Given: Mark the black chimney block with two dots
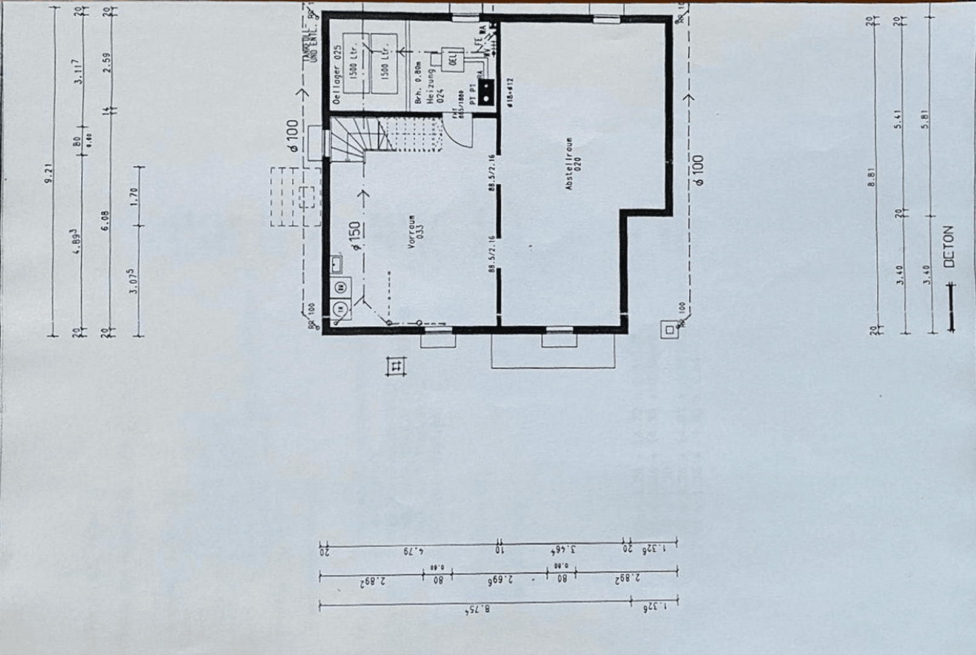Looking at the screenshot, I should pos(486,92).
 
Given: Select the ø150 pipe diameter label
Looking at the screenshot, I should pos(355,236).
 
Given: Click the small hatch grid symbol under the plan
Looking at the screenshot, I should pos(396,366).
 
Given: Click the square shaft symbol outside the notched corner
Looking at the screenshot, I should pos(669,330).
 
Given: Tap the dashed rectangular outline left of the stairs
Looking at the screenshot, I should pos(295,197).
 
